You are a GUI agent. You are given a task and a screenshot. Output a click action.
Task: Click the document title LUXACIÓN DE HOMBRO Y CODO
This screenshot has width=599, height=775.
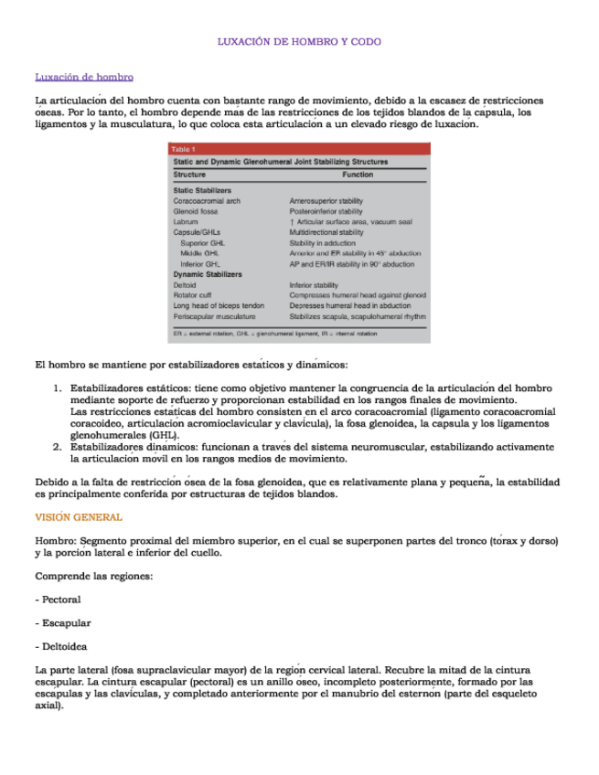(x=299, y=42)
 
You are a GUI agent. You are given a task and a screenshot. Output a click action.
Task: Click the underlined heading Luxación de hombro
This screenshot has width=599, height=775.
(x=84, y=77)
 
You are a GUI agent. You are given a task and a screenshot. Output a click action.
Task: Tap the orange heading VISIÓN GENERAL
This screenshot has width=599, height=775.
(x=79, y=517)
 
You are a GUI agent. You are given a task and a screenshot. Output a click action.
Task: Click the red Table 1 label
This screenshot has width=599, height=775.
(x=184, y=149)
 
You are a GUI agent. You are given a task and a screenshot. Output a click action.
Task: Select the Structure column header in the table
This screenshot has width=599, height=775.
(x=189, y=174)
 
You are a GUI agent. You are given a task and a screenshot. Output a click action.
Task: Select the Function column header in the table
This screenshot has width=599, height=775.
(x=358, y=174)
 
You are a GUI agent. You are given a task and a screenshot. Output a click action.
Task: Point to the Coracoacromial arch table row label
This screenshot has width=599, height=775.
(x=207, y=200)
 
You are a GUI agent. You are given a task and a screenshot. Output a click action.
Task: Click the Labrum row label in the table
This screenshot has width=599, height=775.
(x=186, y=222)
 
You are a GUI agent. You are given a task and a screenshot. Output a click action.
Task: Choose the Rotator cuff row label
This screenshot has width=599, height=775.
(x=193, y=295)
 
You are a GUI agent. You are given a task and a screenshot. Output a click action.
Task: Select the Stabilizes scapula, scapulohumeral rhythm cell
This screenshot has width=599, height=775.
(x=358, y=316)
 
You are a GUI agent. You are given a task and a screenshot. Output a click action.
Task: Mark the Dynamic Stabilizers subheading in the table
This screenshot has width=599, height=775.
(x=208, y=274)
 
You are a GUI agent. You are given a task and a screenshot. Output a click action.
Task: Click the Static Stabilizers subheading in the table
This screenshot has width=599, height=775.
(x=202, y=190)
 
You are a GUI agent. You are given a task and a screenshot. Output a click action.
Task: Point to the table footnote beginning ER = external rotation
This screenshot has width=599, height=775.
(x=274, y=334)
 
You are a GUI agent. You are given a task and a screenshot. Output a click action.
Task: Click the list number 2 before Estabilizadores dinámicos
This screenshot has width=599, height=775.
(x=57, y=447)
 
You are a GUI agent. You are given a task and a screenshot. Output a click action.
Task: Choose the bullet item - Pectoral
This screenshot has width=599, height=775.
(x=58, y=600)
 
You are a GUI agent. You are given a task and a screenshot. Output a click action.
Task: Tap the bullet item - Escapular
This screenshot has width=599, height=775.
(x=62, y=623)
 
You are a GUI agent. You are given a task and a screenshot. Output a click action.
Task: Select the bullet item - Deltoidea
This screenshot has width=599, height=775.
(x=61, y=647)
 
